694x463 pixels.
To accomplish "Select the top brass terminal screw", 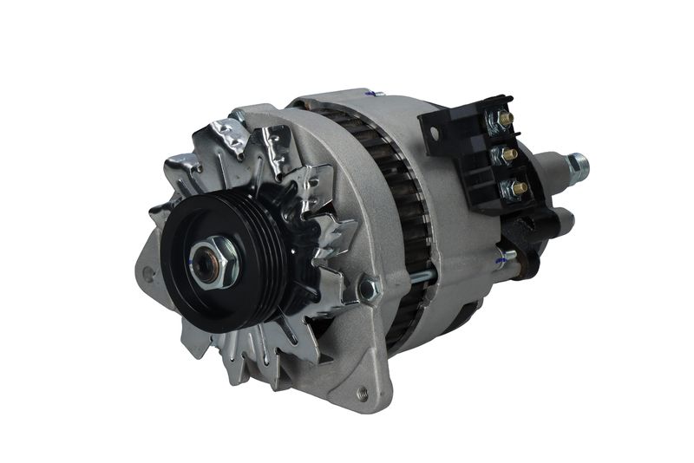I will [x=505, y=119].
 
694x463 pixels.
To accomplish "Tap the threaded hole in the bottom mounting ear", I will [x=363, y=395].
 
